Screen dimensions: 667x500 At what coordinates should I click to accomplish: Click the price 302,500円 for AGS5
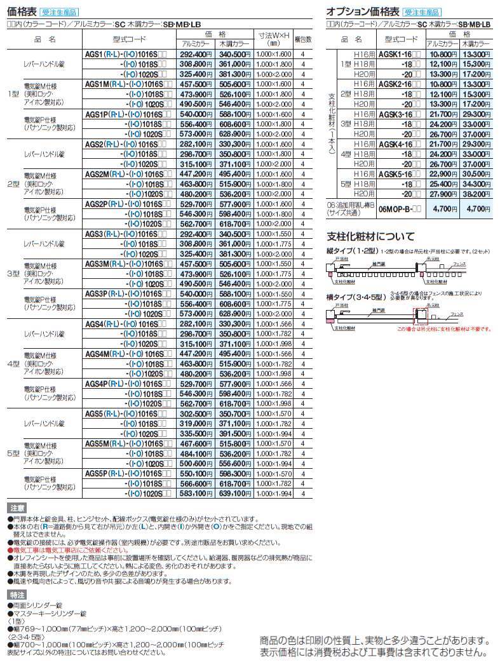pos(193,412)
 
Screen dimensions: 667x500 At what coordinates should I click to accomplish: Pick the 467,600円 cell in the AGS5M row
pos(193,443)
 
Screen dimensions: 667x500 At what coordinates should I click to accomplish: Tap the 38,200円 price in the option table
pos(475,193)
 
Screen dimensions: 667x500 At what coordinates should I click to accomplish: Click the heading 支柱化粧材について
pos(370,236)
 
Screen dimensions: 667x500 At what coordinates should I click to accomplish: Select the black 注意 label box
pos(17,508)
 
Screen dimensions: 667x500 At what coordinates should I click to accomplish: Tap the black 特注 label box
pos(17,595)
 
